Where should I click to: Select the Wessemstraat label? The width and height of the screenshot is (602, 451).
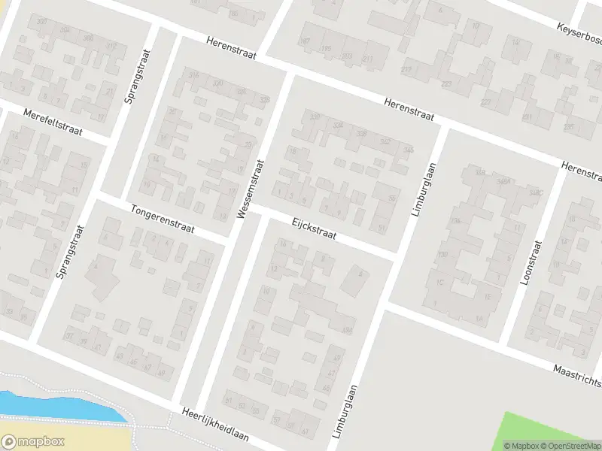tap(251, 188)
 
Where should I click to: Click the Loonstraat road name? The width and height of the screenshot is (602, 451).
tap(531, 262)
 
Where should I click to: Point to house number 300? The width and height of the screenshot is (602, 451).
tap(41, 22)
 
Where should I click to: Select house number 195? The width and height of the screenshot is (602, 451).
tap(326, 49)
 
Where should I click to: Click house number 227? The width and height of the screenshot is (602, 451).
tap(485, 101)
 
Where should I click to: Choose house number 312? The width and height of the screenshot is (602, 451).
tap(111, 46)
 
